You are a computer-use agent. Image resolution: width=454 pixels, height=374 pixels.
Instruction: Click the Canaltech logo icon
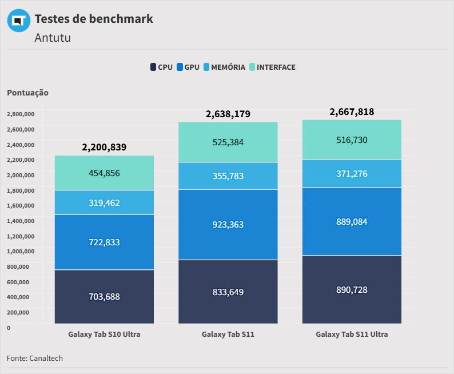coord(19,21)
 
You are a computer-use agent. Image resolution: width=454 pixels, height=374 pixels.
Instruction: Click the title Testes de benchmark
coord(94,18)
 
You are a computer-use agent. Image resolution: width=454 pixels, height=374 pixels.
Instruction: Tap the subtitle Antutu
coord(53,38)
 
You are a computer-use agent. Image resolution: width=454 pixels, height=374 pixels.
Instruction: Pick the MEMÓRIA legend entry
coord(224,67)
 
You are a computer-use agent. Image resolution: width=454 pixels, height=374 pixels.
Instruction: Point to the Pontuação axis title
coord(27,92)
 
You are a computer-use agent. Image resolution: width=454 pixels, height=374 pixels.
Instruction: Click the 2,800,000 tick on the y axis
coord(21,114)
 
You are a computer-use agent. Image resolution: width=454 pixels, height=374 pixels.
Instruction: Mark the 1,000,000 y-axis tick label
coord(21,250)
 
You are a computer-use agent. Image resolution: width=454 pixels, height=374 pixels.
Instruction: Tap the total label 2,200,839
coord(104,147)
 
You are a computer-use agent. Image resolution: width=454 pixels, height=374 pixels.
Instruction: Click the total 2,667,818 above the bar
coord(352,112)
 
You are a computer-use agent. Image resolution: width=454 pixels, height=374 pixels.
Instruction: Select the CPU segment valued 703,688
coord(104,296)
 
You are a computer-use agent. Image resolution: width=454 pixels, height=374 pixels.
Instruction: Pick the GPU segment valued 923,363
coord(228,225)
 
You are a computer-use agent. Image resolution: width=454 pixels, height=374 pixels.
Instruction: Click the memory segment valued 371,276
coord(352,173)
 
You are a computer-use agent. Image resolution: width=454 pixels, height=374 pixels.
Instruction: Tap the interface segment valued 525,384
coord(228,142)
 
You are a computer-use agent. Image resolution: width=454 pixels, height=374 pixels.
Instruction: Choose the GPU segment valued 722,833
coord(104,242)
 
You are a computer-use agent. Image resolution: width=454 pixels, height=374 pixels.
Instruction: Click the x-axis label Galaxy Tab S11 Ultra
coord(352,334)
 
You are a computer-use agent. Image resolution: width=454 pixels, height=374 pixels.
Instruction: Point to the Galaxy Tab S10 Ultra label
coord(104,334)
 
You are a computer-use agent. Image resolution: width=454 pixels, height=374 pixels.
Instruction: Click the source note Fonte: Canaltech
coord(35,358)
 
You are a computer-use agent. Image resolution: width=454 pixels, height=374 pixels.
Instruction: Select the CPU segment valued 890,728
coord(352,289)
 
